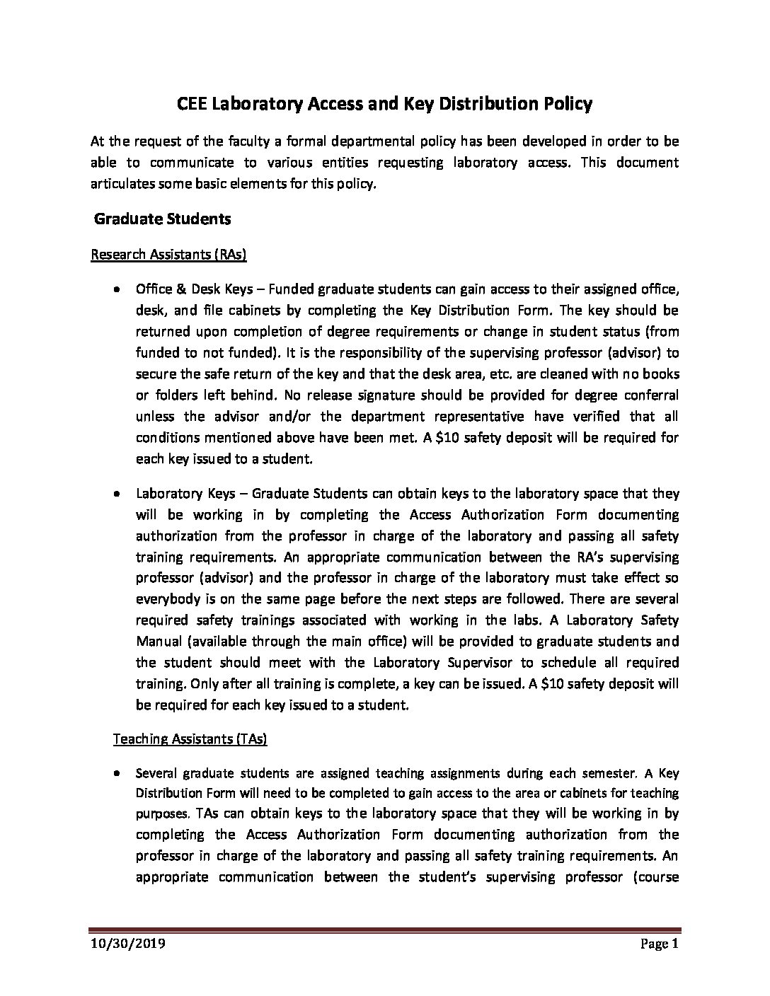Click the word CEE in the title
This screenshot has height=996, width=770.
click(x=192, y=104)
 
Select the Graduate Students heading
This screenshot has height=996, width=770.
click(x=163, y=219)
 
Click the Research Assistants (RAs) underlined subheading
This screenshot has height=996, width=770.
click(x=168, y=254)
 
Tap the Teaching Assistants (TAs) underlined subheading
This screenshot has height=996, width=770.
click(x=190, y=739)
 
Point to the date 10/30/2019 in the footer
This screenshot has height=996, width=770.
click(x=127, y=944)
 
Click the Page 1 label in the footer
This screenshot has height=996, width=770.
click(x=659, y=944)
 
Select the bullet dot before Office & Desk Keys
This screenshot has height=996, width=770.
click(x=116, y=289)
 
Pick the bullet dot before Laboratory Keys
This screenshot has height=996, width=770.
click(x=116, y=494)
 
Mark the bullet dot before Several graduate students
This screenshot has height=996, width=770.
click(x=116, y=772)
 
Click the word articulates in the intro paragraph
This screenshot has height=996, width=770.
click(x=124, y=184)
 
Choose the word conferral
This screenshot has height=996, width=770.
click(x=649, y=395)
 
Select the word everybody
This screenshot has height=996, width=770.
click(x=167, y=598)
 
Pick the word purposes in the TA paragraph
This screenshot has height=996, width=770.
click(x=161, y=814)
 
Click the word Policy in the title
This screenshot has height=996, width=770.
click(x=568, y=104)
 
